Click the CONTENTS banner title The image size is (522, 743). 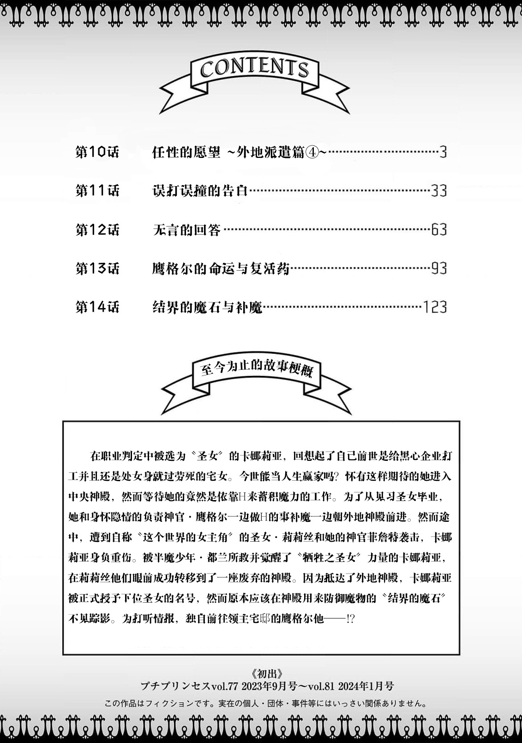tap(254, 68)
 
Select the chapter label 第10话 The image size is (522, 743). tap(97, 152)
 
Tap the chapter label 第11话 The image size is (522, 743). tap(97, 191)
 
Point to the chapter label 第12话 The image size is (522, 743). tap(97, 230)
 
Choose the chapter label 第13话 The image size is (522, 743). tap(97, 268)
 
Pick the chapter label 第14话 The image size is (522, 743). tap(97, 307)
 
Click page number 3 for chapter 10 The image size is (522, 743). tap(443, 152)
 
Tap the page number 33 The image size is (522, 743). tap(438, 191)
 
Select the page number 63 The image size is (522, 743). tap(438, 230)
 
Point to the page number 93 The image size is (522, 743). tap(438, 268)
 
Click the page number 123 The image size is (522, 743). tap(435, 307)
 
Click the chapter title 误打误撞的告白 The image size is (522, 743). tap(200, 191)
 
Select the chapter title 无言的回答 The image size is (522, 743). tap(186, 230)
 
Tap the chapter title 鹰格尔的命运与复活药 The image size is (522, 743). tap(221, 268)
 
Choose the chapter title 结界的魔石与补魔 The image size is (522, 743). tap(207, 307)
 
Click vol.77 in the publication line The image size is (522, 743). tap(224, 686)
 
